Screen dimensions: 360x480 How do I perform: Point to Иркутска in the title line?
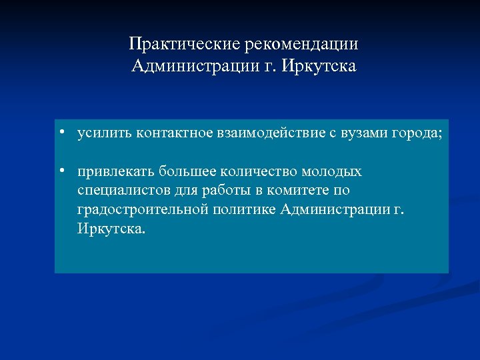pos(321,67)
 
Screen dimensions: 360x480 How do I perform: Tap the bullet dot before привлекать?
pos(61,171)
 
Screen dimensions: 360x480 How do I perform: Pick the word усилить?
pos(105,133)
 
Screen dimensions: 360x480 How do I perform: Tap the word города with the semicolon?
pos(417,133)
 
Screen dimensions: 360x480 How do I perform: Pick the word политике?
pos(249,210)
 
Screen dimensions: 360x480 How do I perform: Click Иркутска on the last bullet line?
pos(109,229)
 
